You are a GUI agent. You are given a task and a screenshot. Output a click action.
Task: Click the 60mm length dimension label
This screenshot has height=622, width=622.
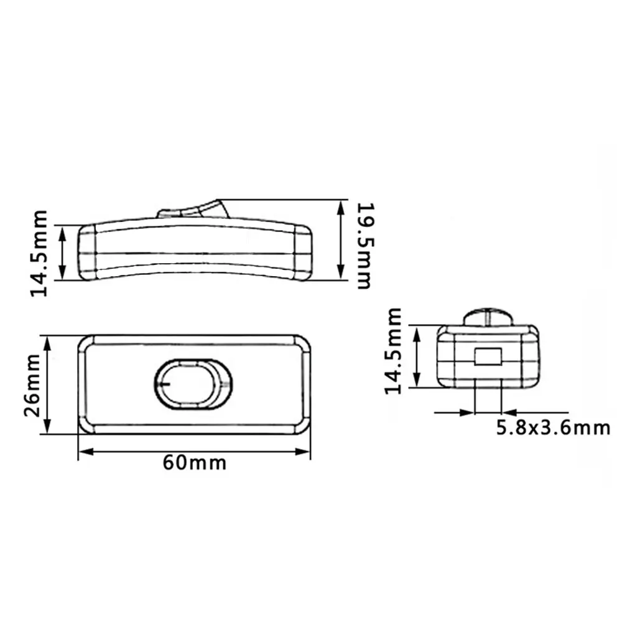[x=194, y=463]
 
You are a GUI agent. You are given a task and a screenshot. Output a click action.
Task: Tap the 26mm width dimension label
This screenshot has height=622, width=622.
[x=33, y=385]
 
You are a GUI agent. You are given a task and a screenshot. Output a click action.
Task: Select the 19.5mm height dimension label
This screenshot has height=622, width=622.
[x=365, y=246]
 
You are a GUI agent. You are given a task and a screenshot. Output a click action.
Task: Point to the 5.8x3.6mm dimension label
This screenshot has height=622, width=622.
[x=553, y=429]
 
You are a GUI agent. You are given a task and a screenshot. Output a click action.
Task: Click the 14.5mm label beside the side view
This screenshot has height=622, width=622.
[x=39, y=253]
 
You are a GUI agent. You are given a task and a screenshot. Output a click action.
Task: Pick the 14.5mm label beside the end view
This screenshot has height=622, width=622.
[x=394, y=351]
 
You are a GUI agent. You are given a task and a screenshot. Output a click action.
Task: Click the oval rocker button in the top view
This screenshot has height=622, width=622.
[x=193, y=384]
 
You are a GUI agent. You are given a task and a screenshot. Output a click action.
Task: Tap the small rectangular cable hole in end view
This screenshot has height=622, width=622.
[x=488, y=356]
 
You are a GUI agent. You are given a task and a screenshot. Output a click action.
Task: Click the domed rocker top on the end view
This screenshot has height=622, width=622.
[x=489, y=317]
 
